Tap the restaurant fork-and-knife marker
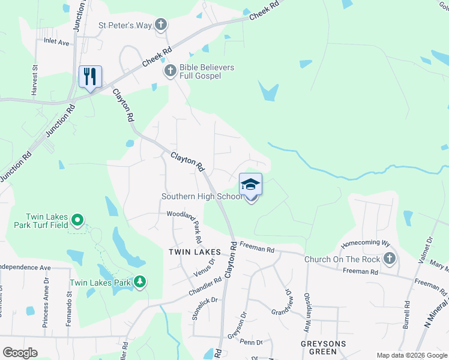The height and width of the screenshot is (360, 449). [x=90, y=76]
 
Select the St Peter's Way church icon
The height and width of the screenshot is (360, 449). [x=160, y=25]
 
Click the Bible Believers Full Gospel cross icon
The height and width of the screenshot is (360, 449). [x=170, y=71]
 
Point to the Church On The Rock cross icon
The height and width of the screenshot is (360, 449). [x=390, y=259]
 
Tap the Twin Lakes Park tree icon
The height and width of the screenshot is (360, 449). [x=140, y=282]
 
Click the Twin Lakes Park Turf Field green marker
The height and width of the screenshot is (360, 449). [x=76, y=220]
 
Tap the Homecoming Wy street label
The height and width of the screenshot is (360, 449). [x=366, y=245]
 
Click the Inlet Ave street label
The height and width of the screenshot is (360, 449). [x=56, y=43]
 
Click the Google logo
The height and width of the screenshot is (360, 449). [x=20, y=353]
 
